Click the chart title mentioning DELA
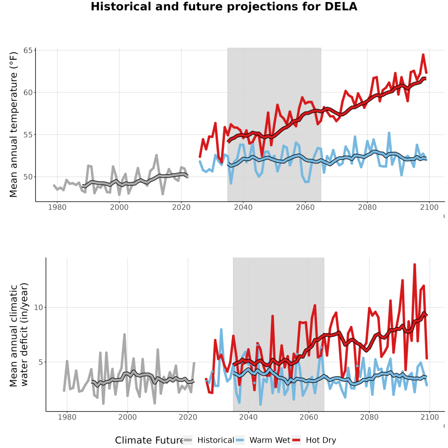click(224, 6)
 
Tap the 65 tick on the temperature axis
click(28, 51)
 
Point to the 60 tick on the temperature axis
click(28, 93)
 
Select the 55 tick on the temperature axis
click(28, 135)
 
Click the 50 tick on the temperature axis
click(28, 177)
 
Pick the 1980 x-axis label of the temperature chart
click(57, 207)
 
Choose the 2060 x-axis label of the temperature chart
click(305, 207)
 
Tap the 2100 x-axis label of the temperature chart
click(429, 207)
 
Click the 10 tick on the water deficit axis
click(38, 308)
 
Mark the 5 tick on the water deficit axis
click(41, 362)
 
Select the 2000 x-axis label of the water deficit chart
click(127, 417)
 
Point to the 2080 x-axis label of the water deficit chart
click(369, 417)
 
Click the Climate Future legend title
click(149, 441)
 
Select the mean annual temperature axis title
click(13, 124)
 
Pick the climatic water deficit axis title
click(19, 335)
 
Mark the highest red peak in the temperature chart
click(423, 55)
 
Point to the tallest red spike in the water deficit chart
click(415, 265)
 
